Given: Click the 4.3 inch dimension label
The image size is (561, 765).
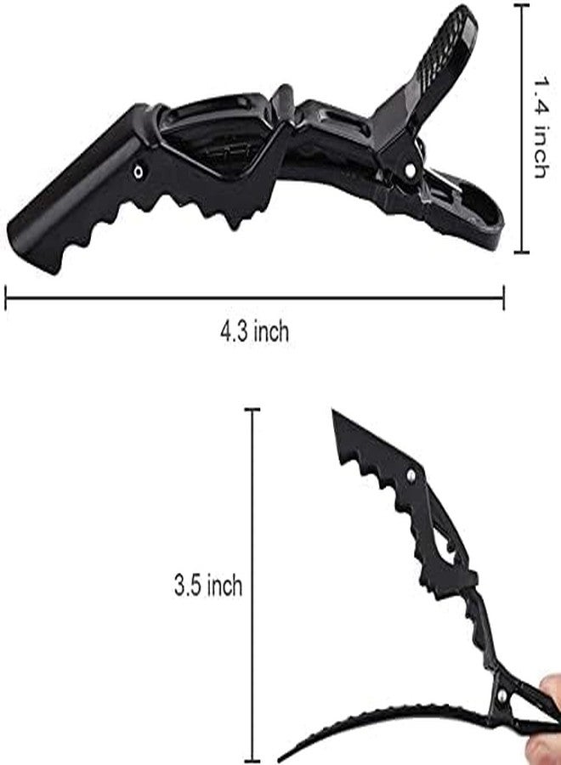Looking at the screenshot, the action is tap(255, 332).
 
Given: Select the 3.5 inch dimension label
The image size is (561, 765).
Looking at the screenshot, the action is tap(207, 585).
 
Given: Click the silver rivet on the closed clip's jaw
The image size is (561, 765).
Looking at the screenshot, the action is tap(139, 171).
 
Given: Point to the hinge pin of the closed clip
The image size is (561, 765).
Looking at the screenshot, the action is tap(411, 170).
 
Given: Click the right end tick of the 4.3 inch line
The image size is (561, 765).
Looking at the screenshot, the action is tap(503, 297).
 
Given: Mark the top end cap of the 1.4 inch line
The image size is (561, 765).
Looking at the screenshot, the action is tap(522, 5).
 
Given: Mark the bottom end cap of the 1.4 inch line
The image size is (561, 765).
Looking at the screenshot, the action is tap(522, 252).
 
